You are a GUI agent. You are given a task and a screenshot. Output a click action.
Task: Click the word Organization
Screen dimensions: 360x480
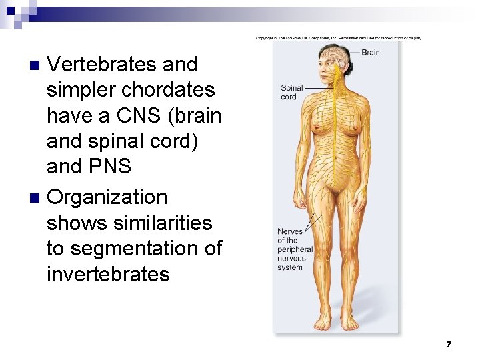(x=107, y=197)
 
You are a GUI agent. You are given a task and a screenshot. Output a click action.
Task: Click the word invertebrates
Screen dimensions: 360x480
(x=108, y=274)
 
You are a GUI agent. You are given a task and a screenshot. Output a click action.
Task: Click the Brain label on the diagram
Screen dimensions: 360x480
(x=371, y=52)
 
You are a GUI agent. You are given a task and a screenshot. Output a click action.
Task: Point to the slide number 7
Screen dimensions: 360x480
(x=449, y=345)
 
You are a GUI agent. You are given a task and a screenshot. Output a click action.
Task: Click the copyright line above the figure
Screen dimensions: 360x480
(x=339, y=38)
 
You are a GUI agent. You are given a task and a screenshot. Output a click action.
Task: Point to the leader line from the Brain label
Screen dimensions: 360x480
(x=351, y=53)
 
